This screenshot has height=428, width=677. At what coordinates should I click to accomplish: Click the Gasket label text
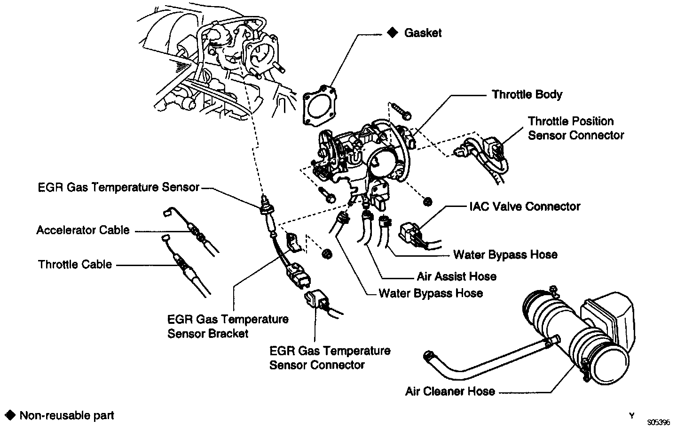point(423,33)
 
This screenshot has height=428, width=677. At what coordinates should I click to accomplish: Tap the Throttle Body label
point(527,94)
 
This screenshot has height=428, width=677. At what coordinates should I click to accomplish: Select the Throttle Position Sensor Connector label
point(575,128)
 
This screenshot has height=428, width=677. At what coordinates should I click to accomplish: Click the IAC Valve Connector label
point(524,206)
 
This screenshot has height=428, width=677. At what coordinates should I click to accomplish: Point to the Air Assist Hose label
point(456,276)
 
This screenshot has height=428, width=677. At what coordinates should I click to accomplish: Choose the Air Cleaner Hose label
point(450,391)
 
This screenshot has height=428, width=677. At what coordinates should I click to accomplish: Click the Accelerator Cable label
point(83,230)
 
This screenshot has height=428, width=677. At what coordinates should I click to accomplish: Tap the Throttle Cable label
point(75,264)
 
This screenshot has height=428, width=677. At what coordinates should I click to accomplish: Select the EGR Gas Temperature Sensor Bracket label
point(228,326)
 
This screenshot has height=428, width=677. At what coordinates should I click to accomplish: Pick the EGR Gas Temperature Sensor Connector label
point(330,358)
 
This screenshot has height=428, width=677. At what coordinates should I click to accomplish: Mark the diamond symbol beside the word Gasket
point(392,33)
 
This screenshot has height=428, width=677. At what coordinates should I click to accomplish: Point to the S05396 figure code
point(658,422)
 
